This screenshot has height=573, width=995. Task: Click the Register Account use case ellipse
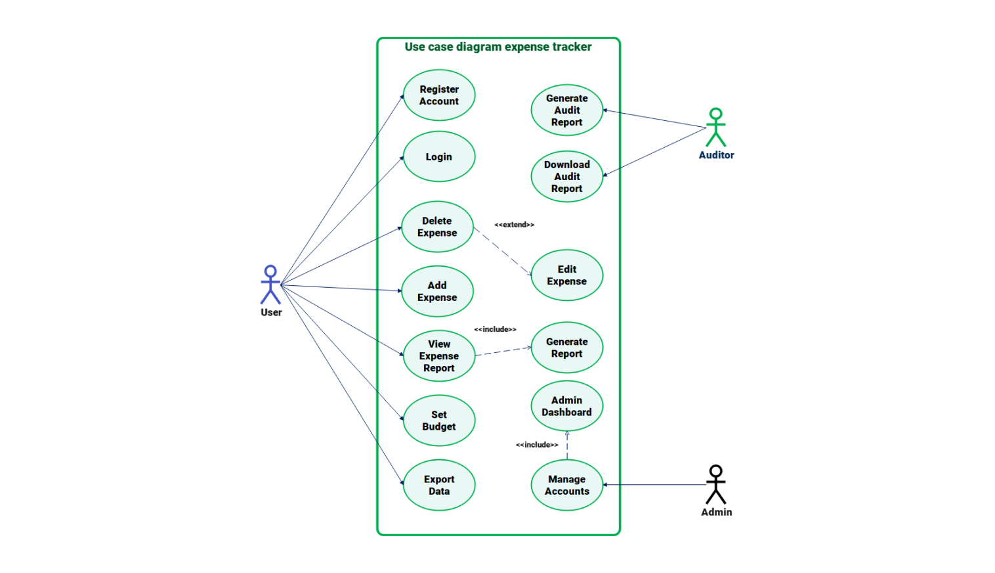coord(438,95)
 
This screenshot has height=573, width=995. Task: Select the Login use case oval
coord(438,156)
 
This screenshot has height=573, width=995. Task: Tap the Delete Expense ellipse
coord(437,227)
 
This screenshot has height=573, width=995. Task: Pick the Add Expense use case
coord(437,291)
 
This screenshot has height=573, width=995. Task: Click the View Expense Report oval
coord(438,355)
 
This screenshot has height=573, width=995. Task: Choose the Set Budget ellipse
coord(438,421)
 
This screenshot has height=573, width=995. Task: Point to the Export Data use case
coord(438,485)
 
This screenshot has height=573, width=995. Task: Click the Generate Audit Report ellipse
coord(566,110)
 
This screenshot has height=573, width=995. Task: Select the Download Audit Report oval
coord(566,176)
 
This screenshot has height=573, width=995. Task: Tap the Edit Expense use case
coord(566,275)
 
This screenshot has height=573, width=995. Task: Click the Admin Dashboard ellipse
coord(566,406)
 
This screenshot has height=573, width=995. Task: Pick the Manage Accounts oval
coord(566,485)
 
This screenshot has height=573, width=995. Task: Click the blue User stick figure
coord(270,285)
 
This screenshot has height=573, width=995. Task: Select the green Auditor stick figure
coord(716,127)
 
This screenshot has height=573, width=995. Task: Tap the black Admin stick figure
coord(716,484)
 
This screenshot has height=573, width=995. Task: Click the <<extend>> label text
coord(514,225)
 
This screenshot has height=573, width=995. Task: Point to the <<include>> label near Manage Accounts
coord(537,445)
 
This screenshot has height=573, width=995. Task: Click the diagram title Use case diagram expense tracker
coord(497,47)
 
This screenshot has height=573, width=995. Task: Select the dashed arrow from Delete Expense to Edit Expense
coord(502,252)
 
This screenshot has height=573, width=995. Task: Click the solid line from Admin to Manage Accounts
coord(656,485)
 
